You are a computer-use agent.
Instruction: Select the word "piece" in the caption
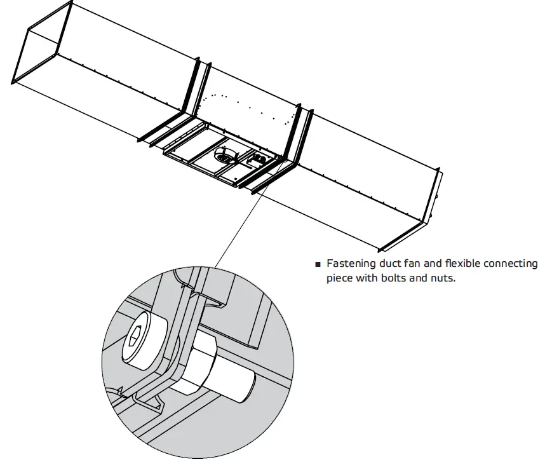point(340,278)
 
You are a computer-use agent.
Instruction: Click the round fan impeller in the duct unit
point(224,154)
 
